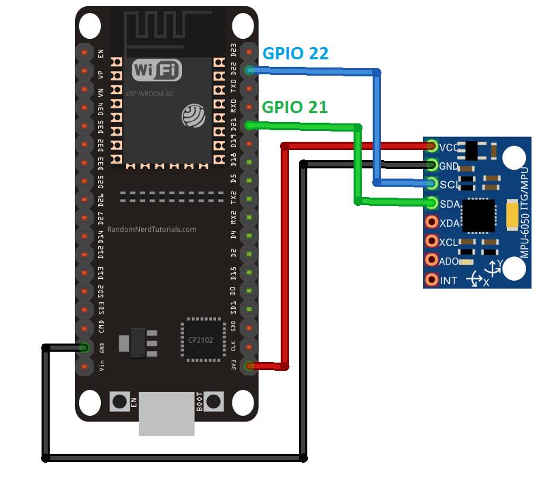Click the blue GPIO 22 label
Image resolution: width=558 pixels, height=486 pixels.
[296, 54]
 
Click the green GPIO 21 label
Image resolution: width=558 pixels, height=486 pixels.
[294, 107]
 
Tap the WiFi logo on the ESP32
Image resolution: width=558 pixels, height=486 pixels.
[157, 70]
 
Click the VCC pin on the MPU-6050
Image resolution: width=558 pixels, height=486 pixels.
[432, 146]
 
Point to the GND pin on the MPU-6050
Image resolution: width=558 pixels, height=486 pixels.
[432, 164]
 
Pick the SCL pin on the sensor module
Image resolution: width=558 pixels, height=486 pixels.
[432, 183]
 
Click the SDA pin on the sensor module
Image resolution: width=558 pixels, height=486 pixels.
[432, 202]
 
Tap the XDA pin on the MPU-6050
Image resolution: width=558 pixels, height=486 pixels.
[432, 222]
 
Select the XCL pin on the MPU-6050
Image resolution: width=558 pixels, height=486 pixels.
[432, 241]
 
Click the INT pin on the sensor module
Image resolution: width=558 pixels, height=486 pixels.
[432, 279]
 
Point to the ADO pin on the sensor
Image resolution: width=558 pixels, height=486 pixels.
[432, 260]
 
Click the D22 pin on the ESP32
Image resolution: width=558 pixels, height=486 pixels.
[249, 70]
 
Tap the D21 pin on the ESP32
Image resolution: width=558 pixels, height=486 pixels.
[249, 125]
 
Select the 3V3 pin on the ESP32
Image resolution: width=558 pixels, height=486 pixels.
[249, 366]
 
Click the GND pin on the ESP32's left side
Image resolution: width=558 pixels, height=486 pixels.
[84, 348]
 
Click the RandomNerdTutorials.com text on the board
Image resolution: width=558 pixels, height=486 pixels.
[152, 230]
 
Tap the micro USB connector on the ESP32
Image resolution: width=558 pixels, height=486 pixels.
[166, 414]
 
